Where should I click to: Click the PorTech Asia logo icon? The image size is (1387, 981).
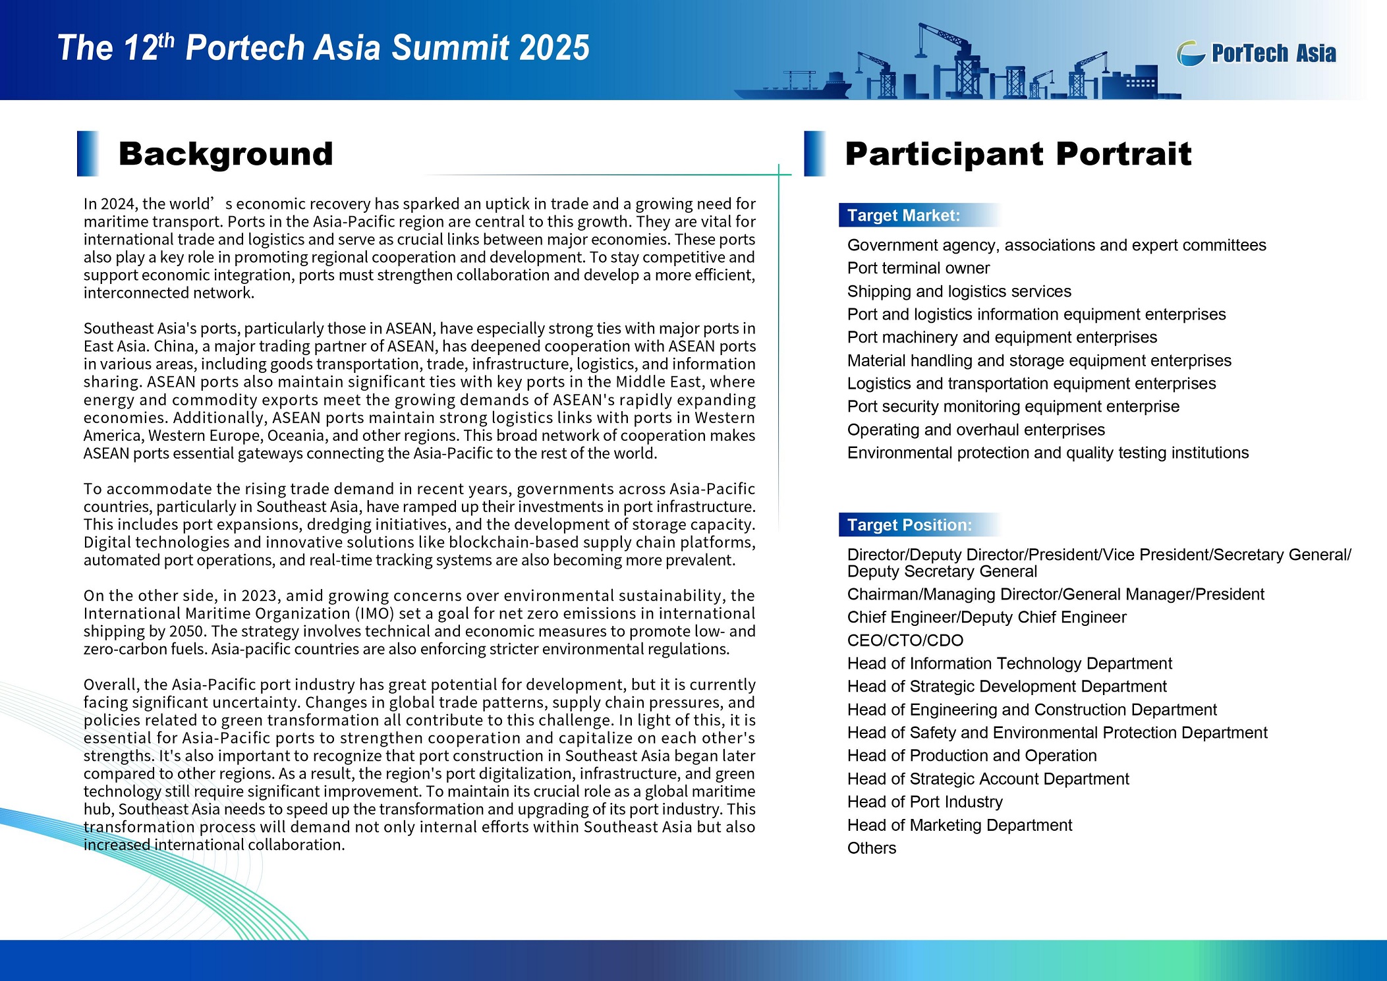coord(1191,53)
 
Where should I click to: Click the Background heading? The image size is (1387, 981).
coord(225,154)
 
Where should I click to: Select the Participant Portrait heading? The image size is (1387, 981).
coord(1018,154)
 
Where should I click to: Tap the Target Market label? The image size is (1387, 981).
coord(903,215)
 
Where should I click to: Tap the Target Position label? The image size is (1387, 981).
coord(909,525)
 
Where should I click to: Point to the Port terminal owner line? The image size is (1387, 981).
coord(918,268)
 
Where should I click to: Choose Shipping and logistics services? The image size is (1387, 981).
coord(959,291)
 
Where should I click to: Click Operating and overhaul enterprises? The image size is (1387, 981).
coord(975,430)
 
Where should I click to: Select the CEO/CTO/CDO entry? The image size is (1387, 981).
coord(905,640)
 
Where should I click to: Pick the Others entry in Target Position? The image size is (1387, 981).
coord(871,848)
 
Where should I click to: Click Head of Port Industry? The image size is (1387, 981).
coord(924,802)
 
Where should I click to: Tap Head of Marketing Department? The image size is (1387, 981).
coord(959,825)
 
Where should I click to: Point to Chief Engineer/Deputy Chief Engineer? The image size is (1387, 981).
coord(986,617)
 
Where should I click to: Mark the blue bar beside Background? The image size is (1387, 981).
coord(88,154)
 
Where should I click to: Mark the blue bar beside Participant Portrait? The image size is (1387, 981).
coord(814,154)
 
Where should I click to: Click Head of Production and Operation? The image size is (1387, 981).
coord(972,756)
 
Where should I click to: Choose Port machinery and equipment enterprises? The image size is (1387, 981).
coord(1002,337)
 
